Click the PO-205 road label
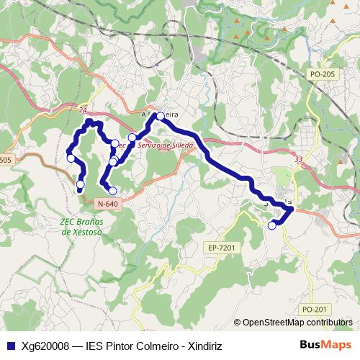[x=320, y=74]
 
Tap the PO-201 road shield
[x=315, y=309]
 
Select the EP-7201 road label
[x=221, y=247]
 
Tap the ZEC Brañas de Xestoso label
[x=80, y=227]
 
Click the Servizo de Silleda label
[x=166, y=145]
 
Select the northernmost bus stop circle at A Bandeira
[x=161, y=116]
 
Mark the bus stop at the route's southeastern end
[x=272, y=225]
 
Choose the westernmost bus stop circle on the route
[x=71, y=158]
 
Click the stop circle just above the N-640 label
[x=112, y=191]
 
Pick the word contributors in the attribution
[x=329, y=322]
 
